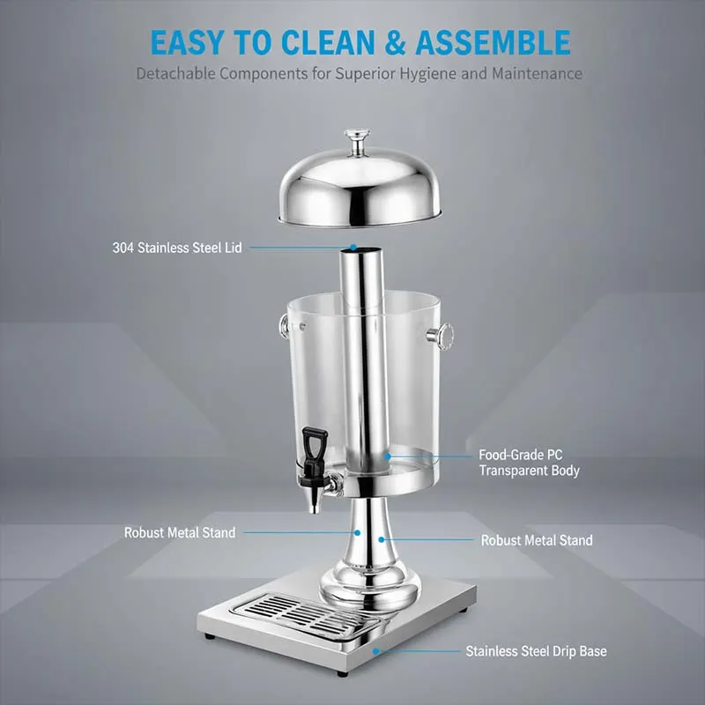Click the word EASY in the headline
[186, 42]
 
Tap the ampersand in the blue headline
[395, 42]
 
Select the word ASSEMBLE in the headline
[493, 42]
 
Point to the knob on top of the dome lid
[357, 140]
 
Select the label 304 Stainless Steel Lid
[177, 248]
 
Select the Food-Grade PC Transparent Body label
[529, 463]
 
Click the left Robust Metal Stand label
[180, 533]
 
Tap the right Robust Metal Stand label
[537, 540]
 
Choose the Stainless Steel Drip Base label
[536, 651]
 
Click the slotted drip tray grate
[306, 614]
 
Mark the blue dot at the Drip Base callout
[376, 651]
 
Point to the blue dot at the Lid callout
[353, 248]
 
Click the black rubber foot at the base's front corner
[343, 673]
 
